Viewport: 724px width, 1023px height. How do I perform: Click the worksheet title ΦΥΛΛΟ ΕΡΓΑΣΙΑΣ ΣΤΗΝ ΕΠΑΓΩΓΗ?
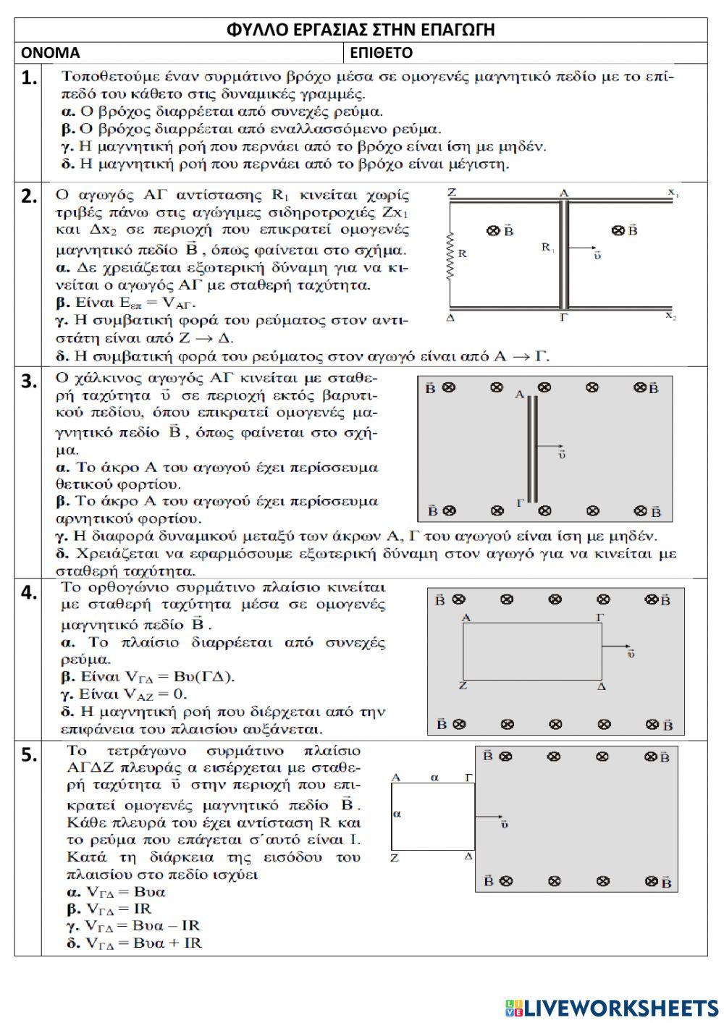point(361,30)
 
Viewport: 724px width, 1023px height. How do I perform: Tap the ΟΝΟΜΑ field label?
point(51,53)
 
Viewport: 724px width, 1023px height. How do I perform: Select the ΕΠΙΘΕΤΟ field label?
point(382,53)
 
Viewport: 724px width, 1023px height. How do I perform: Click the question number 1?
point(28,78)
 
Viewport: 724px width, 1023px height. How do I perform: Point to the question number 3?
point(28,382)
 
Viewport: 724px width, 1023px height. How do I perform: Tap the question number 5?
point(28,755)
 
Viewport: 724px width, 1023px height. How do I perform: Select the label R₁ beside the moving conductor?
point(548,248)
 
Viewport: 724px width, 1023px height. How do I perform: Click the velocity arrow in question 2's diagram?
point(584,250)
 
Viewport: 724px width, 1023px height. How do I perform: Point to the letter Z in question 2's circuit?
point(452,193)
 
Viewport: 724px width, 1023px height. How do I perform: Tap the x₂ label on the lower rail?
point(671,316)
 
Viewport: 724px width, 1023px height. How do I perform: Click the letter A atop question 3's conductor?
point(518,395)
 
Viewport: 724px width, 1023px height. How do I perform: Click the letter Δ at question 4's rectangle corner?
point(601,684)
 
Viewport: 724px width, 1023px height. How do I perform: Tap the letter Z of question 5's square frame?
point(395,858)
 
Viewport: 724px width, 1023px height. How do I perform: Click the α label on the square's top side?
point(435,777)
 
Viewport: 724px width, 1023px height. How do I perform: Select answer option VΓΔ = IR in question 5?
point(119,909)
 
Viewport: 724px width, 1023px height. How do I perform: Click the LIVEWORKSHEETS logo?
point(612,1007)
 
